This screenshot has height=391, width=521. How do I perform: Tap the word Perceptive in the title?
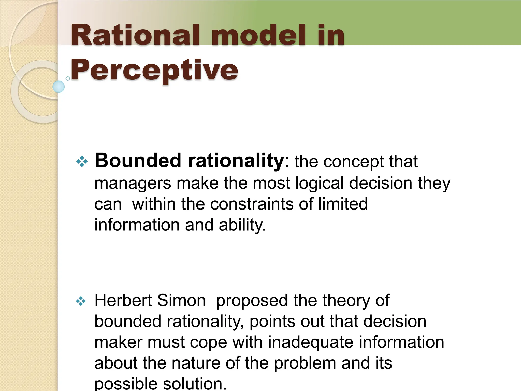154,70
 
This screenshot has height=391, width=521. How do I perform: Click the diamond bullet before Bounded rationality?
82,161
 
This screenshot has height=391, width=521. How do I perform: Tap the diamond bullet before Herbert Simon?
81,301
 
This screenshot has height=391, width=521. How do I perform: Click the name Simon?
181,300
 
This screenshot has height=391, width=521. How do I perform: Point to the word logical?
319,183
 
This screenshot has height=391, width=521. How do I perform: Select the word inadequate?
311,342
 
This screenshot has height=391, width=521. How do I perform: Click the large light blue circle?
59,87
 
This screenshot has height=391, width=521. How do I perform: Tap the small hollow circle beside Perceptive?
68,78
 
